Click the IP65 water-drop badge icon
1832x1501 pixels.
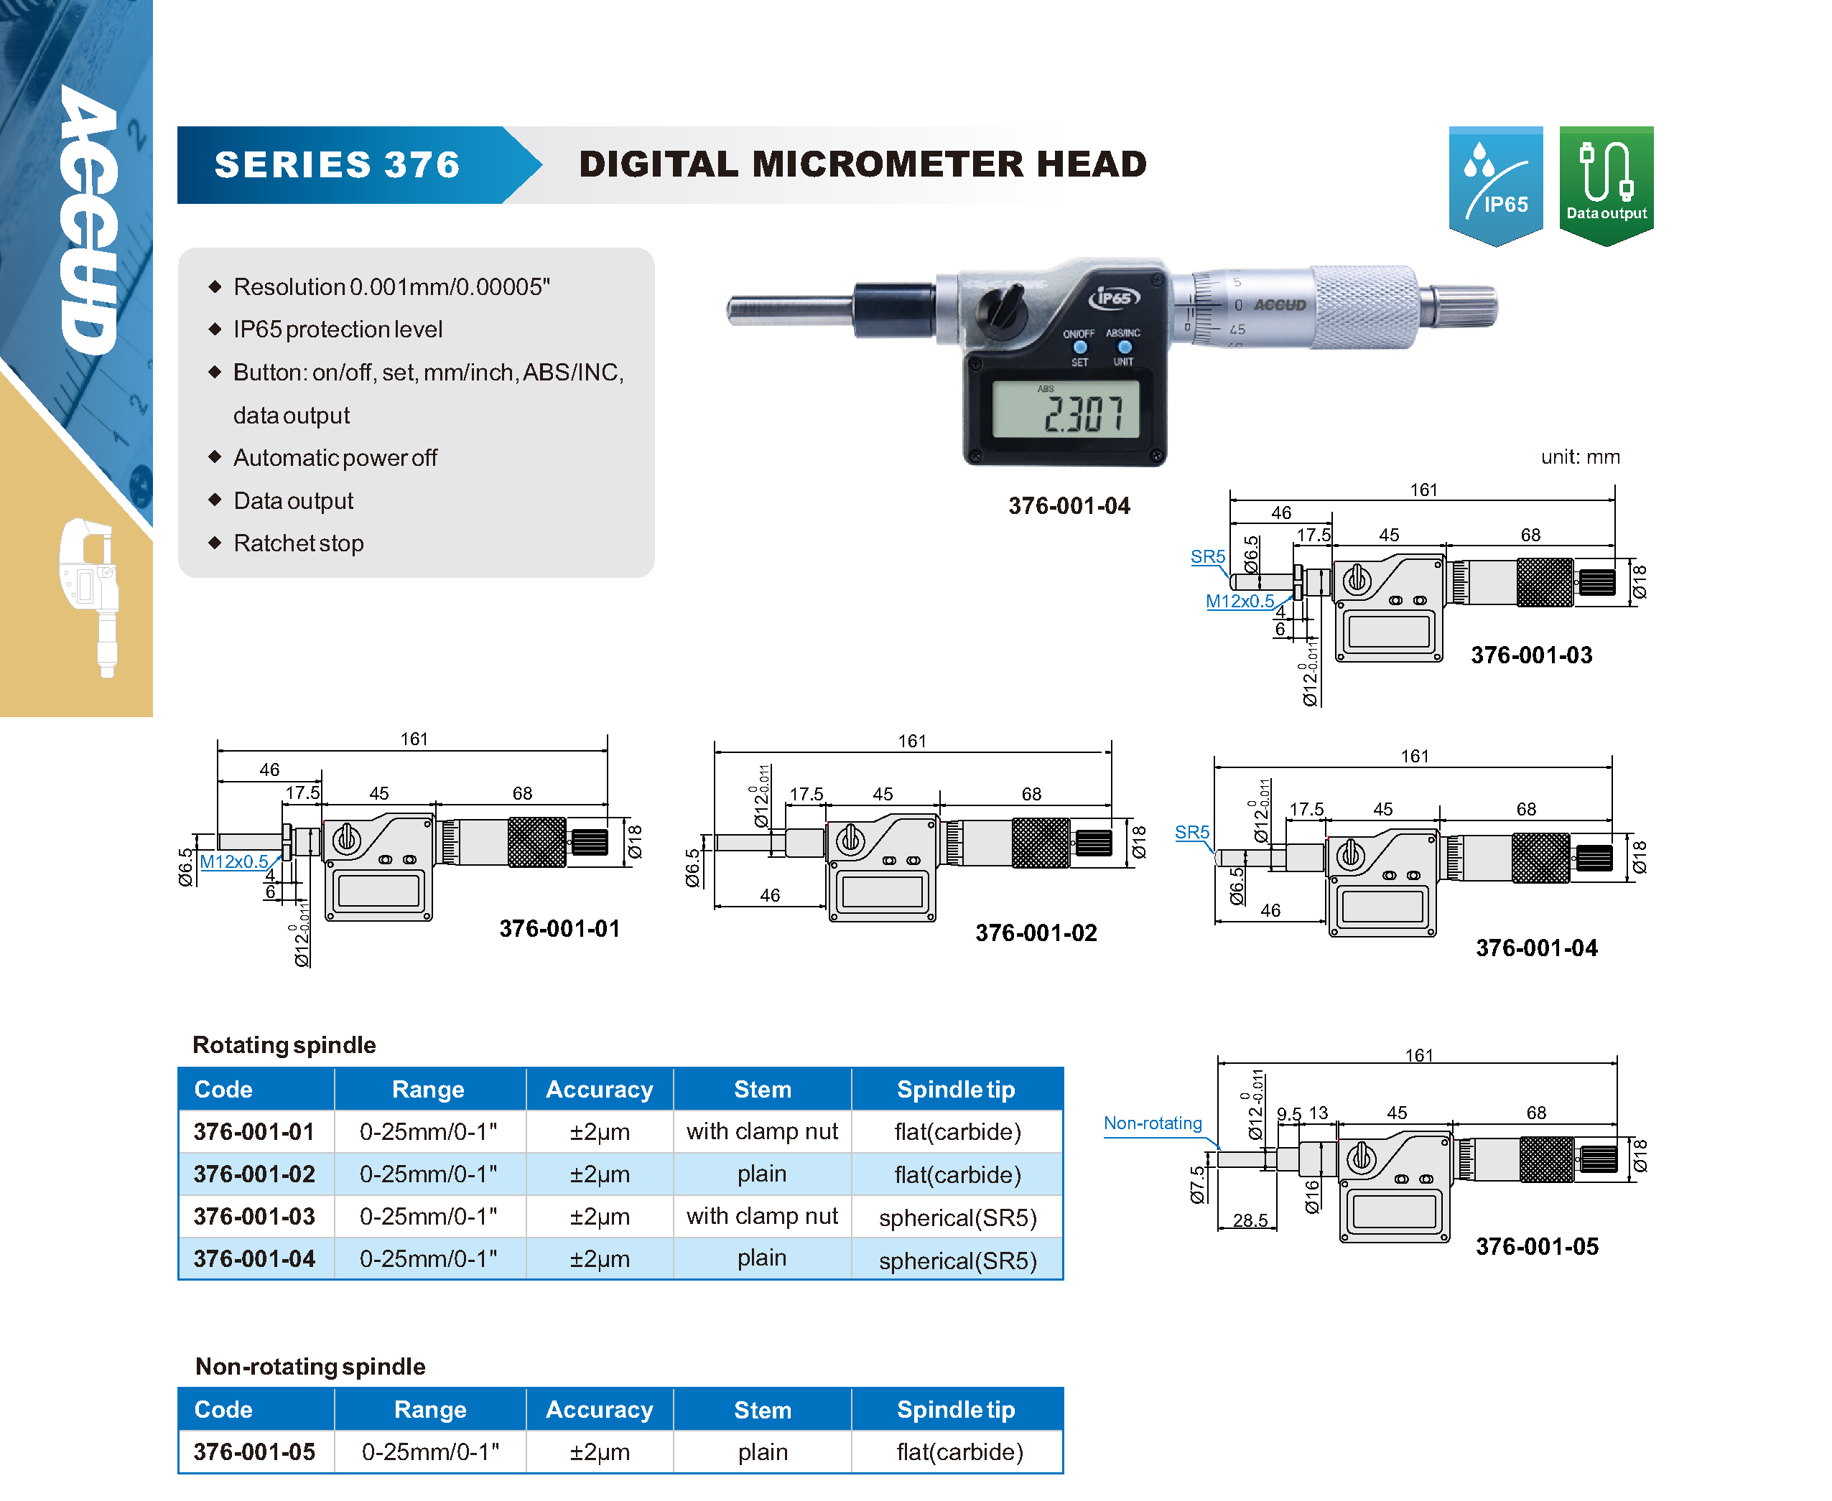tap(1494, 182)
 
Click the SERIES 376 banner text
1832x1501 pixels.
tap(338, 164)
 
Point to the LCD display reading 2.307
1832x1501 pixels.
tap(1065, 411)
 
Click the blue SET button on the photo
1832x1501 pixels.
tap(1079, 347)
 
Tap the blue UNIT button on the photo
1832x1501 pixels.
tap(1124, 347)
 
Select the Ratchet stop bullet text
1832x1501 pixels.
tap(299, 543)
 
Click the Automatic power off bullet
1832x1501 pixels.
tap(335, 457)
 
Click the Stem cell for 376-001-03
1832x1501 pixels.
tap(761, 1217)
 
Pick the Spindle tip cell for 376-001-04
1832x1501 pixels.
tap(957, 1260)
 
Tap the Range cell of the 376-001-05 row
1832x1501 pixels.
tap(430, 1451)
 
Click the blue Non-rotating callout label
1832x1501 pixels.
tap(1152, 1123)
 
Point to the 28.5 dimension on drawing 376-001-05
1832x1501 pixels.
tap(1250, 1220)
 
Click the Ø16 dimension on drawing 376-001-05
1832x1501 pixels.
tap(1311, 1197)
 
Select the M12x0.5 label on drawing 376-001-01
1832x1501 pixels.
tap(233, 862)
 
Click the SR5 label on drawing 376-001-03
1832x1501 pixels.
tap(1207, 557)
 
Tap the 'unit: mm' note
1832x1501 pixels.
tap(1579, 457)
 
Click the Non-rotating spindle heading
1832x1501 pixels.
tap(310, 1366)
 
